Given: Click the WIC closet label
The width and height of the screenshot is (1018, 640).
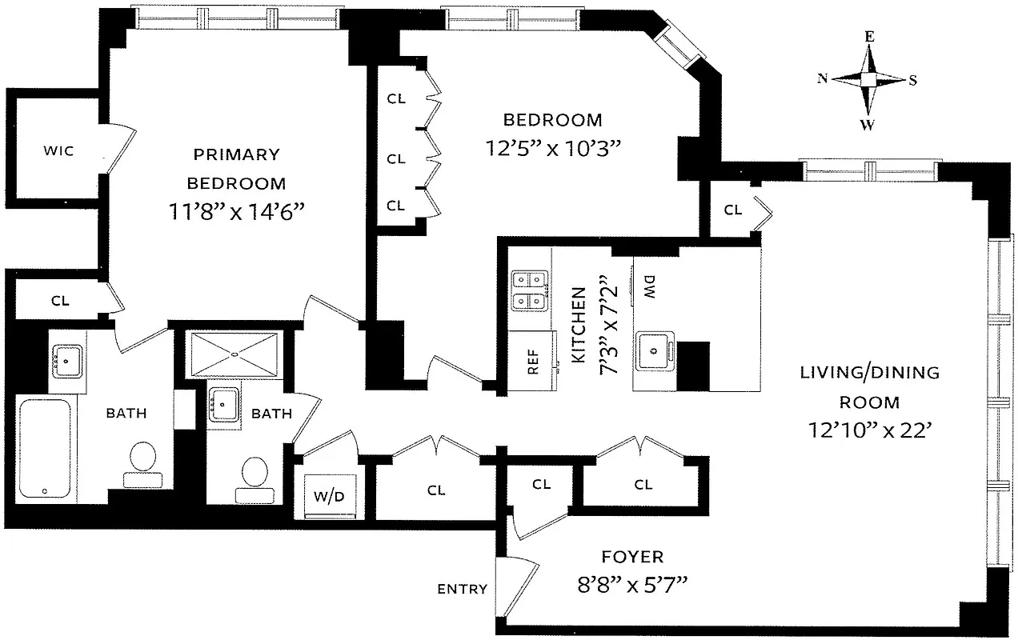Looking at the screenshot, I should point(58,150).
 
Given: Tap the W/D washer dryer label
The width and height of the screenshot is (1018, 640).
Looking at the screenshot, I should point(328,496).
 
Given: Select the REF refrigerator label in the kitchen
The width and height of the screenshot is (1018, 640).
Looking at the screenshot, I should point(533,362).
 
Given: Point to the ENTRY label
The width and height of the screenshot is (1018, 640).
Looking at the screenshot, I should point(462,590).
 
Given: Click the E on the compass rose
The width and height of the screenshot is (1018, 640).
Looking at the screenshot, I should point(869,37).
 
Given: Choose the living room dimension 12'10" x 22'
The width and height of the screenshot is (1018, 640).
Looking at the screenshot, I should point(871,430).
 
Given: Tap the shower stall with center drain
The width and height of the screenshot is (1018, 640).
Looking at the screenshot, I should point(234,354).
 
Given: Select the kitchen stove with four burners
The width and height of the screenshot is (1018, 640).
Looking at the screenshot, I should point(530,291).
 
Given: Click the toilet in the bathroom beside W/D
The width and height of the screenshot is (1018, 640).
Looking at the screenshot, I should point(254,476).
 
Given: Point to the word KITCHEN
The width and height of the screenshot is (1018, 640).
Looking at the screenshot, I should point(579,326).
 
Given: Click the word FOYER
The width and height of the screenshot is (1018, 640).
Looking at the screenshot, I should point(632,557).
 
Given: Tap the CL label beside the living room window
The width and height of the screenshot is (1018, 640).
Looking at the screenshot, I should point(732,210).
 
